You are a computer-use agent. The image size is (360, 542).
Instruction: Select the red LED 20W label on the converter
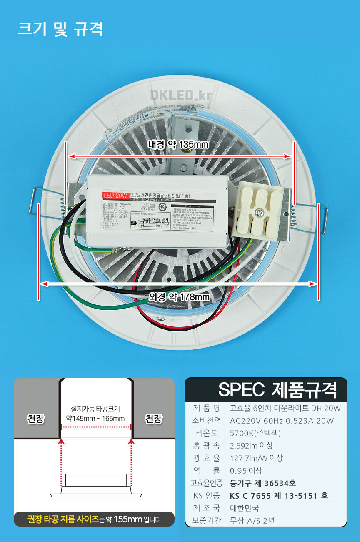pyautogui.click(x=115, y=195)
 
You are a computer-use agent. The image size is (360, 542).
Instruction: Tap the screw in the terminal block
pyautogui.click(x=260, y=213)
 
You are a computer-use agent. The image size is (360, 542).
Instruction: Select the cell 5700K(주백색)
pyautogui.click(x=255, y=433)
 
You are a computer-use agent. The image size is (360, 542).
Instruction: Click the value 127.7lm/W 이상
pyautogui.click(x=256, y=458)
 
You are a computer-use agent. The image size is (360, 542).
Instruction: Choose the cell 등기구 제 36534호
pyautogui.click(x=263, y=483)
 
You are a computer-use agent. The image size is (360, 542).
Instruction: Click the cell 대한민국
pyautogui.click(x=244, y=508)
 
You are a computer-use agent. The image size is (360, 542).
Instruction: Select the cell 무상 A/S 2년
pyautogui.click(x=252, y=521)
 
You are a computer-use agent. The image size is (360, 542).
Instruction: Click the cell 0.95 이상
pyautogui.click(x=246, y=471)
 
